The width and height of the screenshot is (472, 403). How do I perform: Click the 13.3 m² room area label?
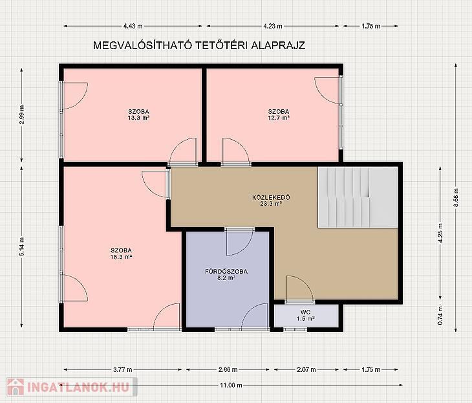point(138,114)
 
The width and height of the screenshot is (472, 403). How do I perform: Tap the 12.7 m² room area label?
point(279,114)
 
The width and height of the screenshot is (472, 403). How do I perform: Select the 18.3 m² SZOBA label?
point(122,254)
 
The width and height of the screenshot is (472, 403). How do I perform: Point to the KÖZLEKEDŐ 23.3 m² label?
point(271,201)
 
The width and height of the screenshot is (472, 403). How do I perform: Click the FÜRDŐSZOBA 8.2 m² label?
point(226,274)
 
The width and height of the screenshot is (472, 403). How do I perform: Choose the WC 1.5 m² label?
point(306,315)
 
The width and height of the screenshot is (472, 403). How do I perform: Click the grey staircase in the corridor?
point(358,197)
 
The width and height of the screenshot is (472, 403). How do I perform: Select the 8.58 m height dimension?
point(456,197)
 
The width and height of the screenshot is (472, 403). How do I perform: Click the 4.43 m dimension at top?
point(133,27)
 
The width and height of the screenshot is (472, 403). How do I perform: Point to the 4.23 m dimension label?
point(273,27)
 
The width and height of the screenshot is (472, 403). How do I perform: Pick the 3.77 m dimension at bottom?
point(123,369)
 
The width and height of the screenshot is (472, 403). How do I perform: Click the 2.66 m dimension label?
point(228,369)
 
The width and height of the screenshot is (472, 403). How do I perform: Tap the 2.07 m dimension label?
point(306,369)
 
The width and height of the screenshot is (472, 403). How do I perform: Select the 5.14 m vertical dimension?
point(22,246)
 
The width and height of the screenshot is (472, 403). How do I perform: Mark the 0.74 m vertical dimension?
point(440,315)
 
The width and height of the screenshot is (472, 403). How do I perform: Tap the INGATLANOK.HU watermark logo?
point(71,387)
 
